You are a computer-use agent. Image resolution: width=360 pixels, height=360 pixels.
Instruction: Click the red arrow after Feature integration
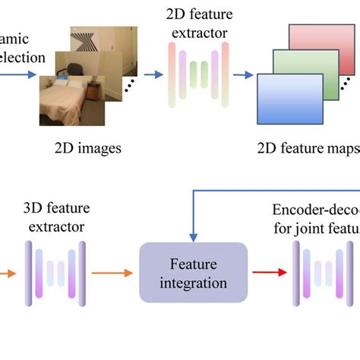click(x=267, y=273)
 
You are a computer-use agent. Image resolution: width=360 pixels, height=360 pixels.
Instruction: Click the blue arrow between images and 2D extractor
click(x=153, y=74)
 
